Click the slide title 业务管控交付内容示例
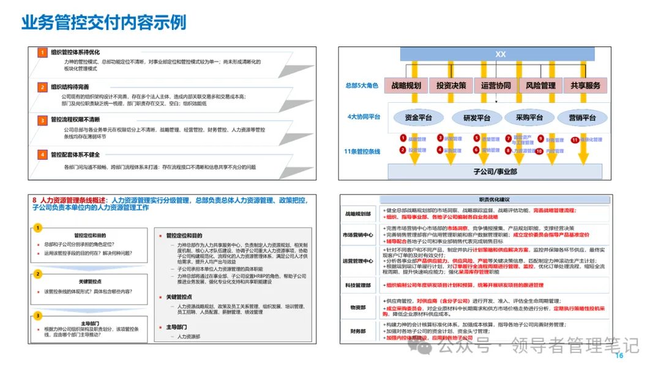coord(103,23)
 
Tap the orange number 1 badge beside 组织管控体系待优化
coord(42,53)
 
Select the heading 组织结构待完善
coord(70,87)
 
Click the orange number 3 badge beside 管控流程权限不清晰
coord(42,121)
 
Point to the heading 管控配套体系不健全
coord(75,155)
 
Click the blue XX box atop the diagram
coord(501,54)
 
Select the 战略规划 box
coord(406,86)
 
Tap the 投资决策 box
coord(452,86)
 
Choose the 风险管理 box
coord(540,86)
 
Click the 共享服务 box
coord(585,86)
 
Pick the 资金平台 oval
coord(417,117)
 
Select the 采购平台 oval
coord(529,117)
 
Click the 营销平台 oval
coord(583,117)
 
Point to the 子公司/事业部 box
coord(496,171)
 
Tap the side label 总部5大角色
coord(362,86)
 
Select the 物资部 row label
coord(358,308)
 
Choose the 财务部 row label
coord(358,331)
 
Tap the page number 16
coord(619,356)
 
